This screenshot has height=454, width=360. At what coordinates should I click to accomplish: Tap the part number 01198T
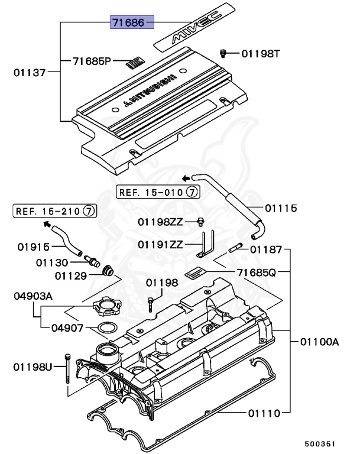[260, 54]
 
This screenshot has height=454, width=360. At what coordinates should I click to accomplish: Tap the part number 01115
[280, 208]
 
